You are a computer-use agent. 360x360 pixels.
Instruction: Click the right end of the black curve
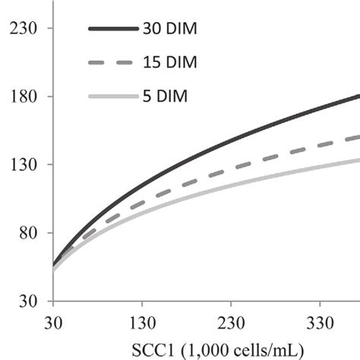click(x=358, y=96)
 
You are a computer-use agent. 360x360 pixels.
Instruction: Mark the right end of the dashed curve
click(x=358, y=137)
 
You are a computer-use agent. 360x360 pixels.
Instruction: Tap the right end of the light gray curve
click(x=358, y=159)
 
